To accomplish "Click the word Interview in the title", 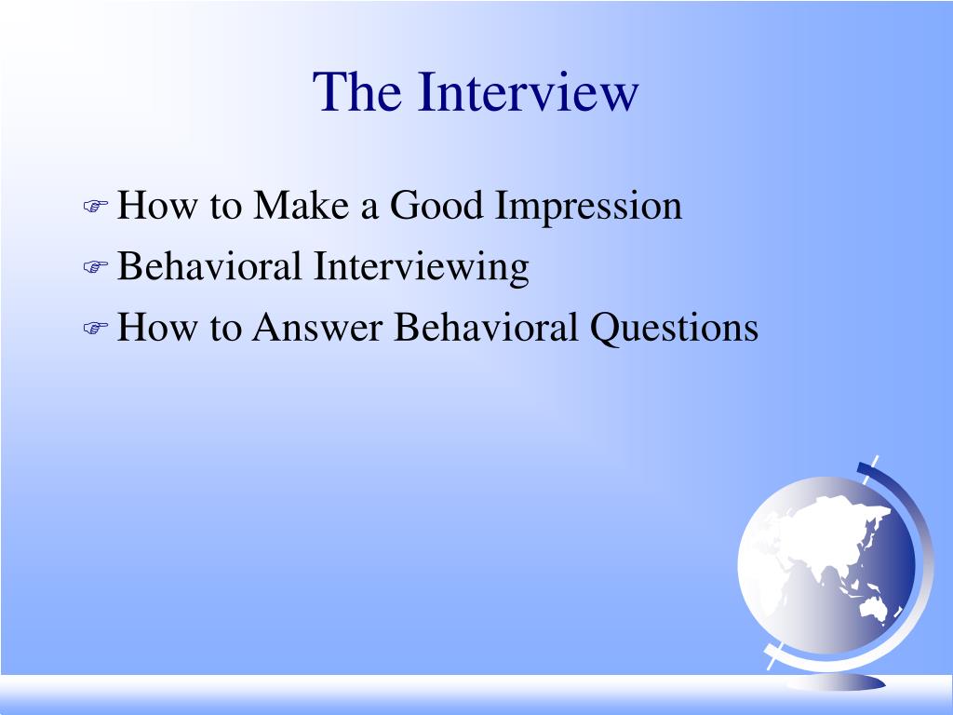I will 528,92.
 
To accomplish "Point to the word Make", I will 302,206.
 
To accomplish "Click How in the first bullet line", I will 149,206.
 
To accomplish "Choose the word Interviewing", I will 420,268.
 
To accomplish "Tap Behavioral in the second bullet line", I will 209,267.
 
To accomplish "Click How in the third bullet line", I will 149,328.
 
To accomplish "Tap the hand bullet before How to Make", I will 96,208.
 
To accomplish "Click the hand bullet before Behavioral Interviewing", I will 96,269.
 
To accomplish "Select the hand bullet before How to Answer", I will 96,330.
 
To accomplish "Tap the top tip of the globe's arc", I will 876,460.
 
